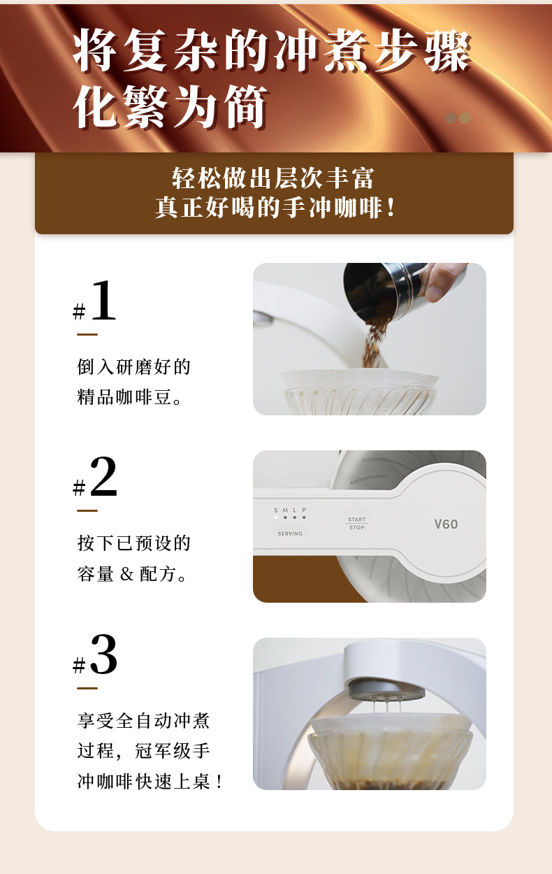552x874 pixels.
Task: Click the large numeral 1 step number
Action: pos(103,301)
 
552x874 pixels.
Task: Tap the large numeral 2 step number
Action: pos(103,476)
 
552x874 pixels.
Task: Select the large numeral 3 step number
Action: pos(103,654)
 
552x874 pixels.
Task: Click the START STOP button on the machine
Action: pos(356,524)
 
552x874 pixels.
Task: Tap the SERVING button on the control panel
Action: pos(290,533)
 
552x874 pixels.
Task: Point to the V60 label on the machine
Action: pos(446,524)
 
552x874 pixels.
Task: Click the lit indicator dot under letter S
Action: pos(276,518)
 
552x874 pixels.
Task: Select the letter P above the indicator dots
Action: pos(304,510)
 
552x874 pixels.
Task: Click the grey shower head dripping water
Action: pos(386,690)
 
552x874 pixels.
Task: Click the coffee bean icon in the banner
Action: pos(458,118)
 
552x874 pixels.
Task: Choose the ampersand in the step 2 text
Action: pos(126,574)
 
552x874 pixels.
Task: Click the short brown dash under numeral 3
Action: pos(87,688)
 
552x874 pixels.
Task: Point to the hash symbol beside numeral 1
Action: pos(79,312)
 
